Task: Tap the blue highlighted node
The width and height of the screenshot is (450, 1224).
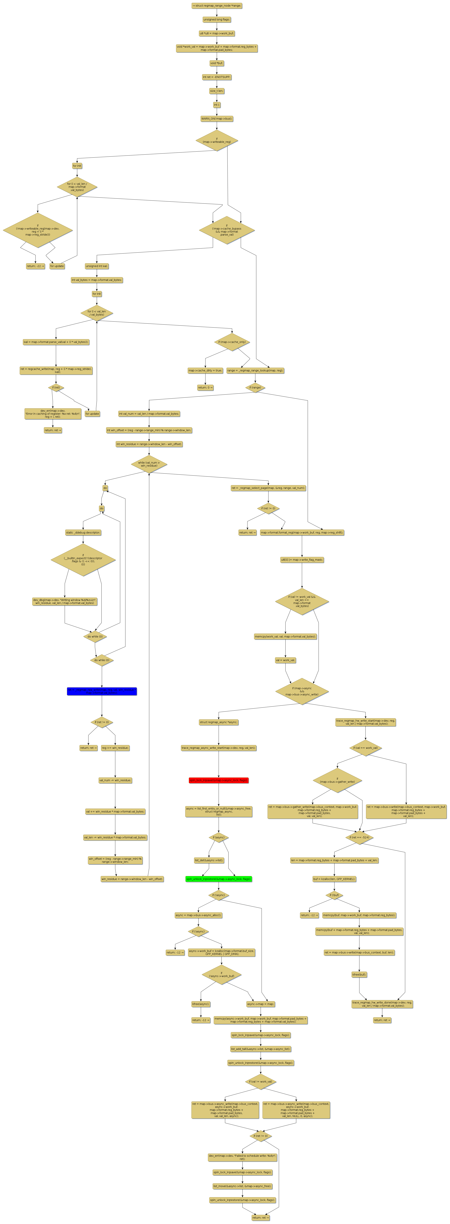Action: click(102, 691)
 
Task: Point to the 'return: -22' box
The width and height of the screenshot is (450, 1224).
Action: click(35, 266)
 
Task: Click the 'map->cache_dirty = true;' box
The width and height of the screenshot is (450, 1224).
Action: click(205, 370)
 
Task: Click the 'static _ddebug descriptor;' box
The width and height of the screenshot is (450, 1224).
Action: click(83, 533)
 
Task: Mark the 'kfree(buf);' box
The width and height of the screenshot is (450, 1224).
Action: click(359, 975)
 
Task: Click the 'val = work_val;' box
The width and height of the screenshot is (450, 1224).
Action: click(285, 660)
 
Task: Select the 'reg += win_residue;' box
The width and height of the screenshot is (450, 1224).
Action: click(115, 748)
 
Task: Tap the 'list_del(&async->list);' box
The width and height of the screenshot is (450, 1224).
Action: click(209, 860)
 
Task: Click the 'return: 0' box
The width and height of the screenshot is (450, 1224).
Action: click(205, 387)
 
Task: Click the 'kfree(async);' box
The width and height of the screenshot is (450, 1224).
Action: click(201, 1004)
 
